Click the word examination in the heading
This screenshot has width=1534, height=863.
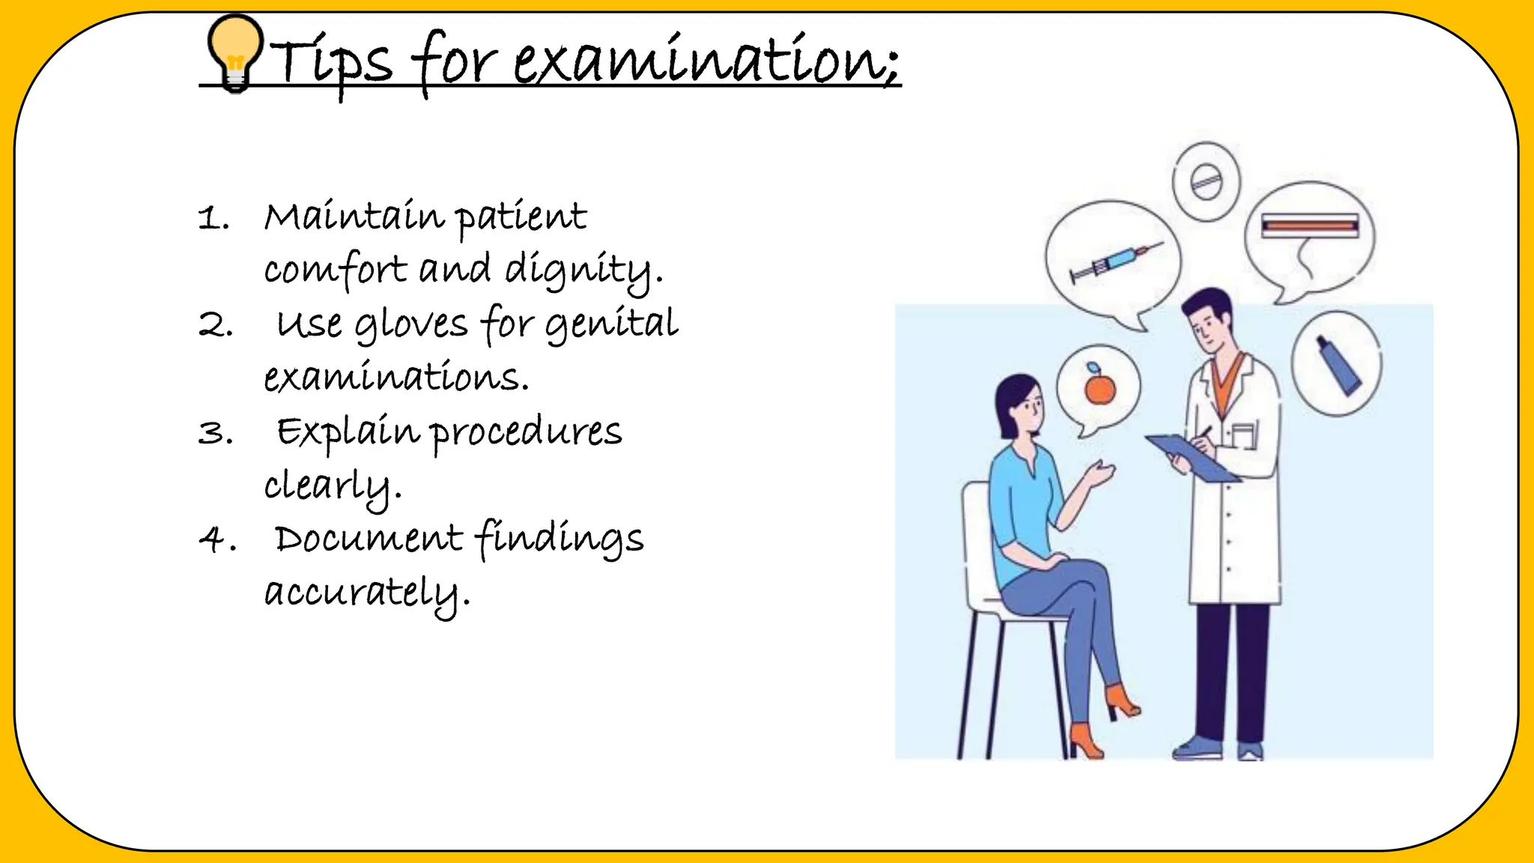tap(704, 60)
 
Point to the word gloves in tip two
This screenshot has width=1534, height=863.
tap(410, 325)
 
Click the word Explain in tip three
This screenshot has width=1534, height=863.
tap(348, 433)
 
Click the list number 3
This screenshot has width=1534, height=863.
tap(215, 433)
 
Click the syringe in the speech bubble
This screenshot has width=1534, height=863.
tap(1115, 262)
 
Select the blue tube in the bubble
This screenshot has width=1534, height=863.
tap(1339, 366)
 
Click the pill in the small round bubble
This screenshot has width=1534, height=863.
tap(1206, 181)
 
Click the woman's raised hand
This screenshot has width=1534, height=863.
tap(1100, 473)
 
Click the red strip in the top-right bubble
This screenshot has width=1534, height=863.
tap(1309, 224)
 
